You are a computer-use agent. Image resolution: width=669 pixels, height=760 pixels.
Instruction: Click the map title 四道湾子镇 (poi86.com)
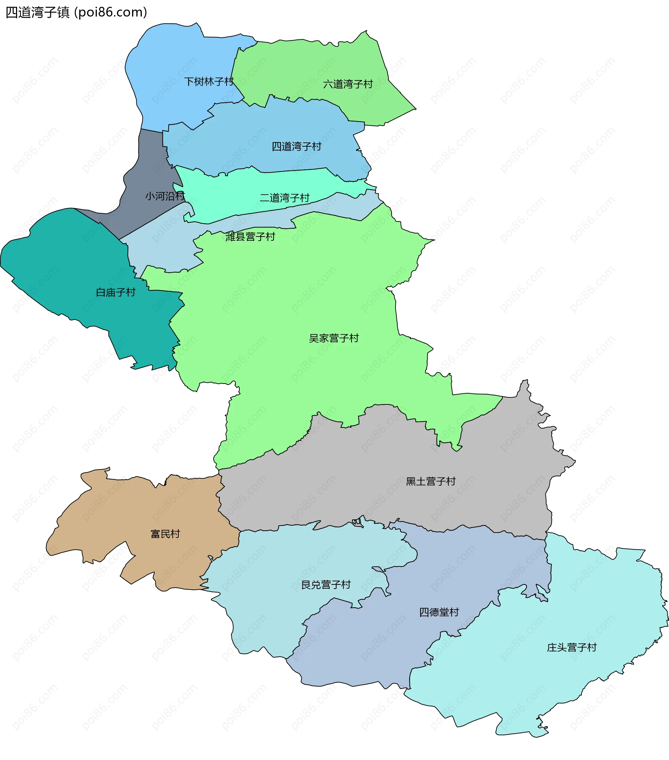click(76, 12)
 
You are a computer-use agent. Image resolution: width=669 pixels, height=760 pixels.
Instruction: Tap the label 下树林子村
click(209, 82)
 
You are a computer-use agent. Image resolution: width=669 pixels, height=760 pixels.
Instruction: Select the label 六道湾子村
click(348, 84)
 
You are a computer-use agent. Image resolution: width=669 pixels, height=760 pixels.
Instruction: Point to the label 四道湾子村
click(297, 147)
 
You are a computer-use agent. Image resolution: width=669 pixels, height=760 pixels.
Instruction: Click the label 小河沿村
click(165, 196)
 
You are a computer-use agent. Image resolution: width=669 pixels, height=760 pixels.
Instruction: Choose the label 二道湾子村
click(284, 198)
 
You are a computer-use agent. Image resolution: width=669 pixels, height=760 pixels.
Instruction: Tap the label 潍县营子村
click(250, 236)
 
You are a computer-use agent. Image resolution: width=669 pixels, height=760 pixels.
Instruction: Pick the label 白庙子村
click(116, 292)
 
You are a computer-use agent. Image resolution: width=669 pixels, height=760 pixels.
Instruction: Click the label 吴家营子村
click(333, 338)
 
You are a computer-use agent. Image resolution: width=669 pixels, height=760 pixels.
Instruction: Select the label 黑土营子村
click(431, 481)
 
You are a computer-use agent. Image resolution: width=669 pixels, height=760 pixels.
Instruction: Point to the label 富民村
click(165, 534)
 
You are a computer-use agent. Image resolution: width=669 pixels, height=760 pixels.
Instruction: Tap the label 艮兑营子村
click(326, 585)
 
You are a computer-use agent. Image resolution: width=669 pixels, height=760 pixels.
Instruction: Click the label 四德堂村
click(439, 612)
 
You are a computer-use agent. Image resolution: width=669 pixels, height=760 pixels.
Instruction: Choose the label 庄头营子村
click(571, 647)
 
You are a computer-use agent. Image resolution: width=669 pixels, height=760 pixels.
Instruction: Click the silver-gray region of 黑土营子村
click(335, 483)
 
